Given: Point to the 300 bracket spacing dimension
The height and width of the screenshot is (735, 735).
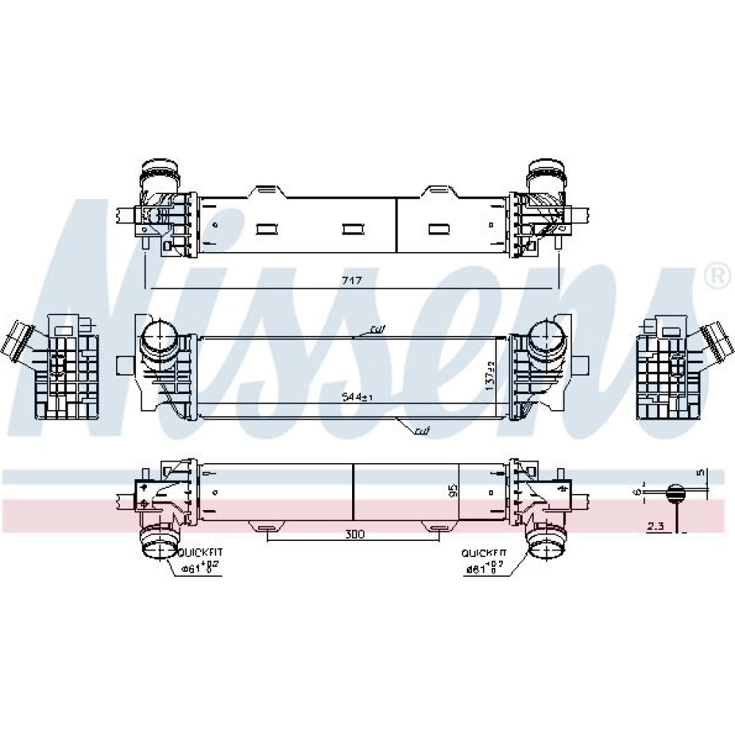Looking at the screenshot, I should coord(354,534).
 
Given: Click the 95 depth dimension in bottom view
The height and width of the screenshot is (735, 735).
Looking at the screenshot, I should coord(453,490).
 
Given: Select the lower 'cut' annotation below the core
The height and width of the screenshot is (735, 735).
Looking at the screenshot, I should coord(422,431).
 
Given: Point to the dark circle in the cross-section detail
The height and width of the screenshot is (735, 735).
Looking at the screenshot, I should coord(674,493).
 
